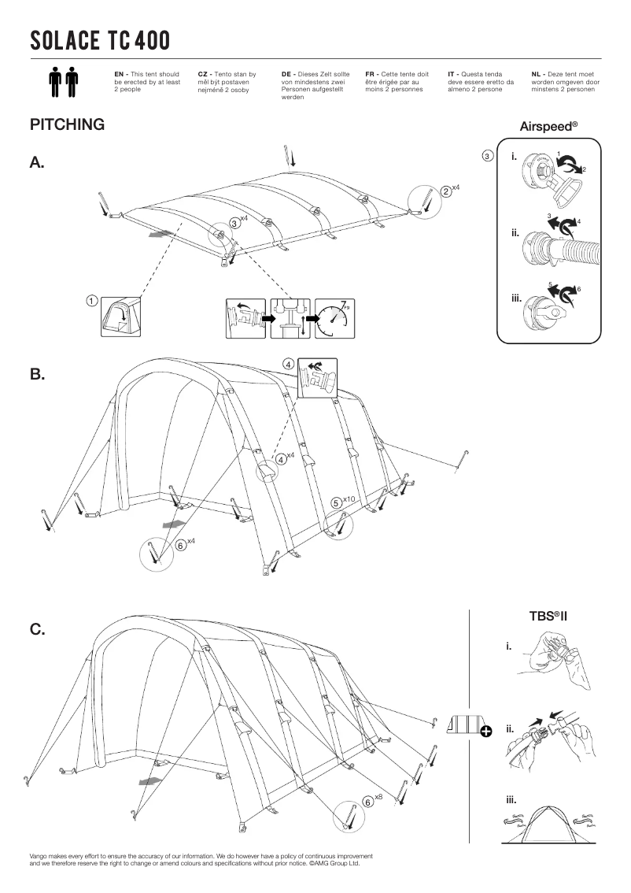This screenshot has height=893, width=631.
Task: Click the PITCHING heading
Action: (67, 124)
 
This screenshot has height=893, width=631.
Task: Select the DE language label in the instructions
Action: (286, 73)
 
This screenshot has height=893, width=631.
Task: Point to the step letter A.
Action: (37, 163)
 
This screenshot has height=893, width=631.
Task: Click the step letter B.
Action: (37, 375)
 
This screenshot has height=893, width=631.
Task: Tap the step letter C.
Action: (37, 629)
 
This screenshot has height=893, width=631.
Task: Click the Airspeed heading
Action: (548, 126)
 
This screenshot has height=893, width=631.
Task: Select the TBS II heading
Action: (548, 615)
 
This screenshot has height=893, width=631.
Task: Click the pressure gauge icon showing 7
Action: (335, 318)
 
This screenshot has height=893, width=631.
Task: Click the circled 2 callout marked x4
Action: (446, 191)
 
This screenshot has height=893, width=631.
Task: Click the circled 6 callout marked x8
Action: (367, 802)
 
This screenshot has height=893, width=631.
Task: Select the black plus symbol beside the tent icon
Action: (486, 732)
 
